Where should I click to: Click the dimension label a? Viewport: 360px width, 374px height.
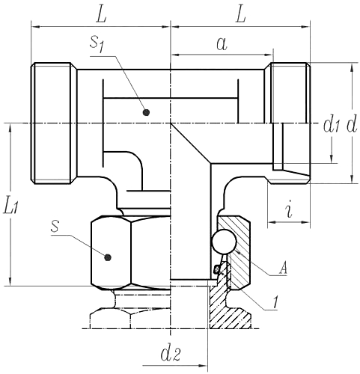click(221, 43)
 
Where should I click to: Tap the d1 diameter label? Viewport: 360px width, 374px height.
click(331, 125)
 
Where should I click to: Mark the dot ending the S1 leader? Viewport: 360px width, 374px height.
click(146, 112)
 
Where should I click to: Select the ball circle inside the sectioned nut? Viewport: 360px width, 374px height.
click(223, 241)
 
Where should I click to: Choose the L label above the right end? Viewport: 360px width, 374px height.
click(241, 13)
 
